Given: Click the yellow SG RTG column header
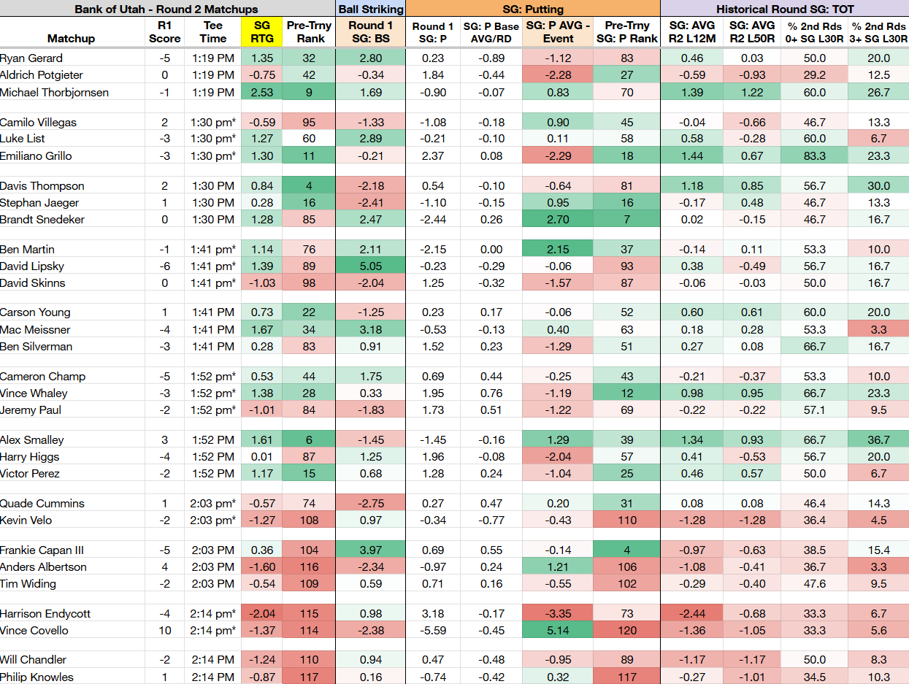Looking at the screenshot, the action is [261, 32].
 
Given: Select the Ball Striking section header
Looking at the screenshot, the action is [371, 9].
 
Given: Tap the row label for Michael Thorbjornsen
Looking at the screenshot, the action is [54, 92].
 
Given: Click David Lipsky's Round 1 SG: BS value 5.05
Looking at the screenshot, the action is [371, 266].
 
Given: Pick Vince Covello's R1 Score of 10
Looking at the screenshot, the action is [164, 630].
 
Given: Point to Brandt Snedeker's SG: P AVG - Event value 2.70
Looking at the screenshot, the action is [557, 219].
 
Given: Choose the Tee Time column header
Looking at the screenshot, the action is [213, 32].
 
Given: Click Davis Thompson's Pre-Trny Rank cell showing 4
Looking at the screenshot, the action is [309, 186].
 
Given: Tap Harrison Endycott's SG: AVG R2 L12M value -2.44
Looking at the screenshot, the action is [691, 613].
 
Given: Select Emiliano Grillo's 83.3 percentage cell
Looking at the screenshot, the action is [814, 155].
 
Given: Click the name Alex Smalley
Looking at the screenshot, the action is [32, 439].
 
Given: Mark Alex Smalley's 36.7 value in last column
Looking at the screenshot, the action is [878, 439].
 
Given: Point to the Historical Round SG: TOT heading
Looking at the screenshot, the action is [785, 9].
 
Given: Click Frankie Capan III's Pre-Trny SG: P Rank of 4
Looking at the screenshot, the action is [626, 550].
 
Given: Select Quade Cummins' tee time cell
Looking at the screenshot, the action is [213, 503].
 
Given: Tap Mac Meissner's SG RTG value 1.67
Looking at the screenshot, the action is [261, 329].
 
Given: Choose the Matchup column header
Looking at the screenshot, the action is [72, 39].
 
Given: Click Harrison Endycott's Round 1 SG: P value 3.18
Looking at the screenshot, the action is [433, 613].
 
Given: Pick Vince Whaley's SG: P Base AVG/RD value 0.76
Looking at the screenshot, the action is [491, 393].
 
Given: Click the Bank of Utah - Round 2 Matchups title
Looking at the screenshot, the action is [166, 9].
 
